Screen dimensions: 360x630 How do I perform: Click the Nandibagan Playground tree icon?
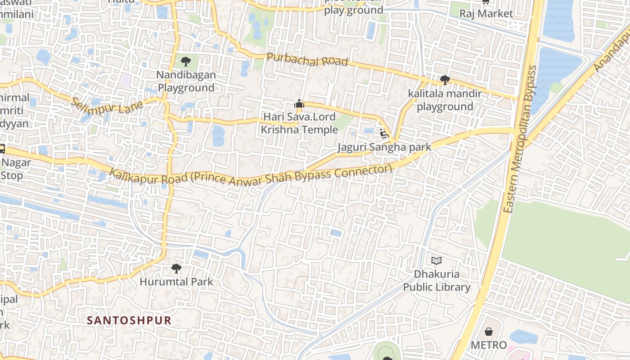click(185, 62)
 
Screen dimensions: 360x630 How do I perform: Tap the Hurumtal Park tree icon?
click(176, 269)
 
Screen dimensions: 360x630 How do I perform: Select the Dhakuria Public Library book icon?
click(436, 261)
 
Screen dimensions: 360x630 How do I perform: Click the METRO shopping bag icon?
click(488, 332)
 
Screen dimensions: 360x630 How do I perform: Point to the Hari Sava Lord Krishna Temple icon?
click(299, 104)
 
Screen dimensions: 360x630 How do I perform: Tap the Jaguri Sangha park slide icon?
click(384, 134)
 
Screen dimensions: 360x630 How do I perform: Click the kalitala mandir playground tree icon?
click(445, 80)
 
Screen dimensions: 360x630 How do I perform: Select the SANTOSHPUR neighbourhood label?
click(129, 320)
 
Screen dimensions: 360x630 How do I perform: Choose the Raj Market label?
click(486, 13)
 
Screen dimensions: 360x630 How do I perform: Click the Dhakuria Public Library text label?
click(436, 280)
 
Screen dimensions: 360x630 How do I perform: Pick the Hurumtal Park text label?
click(176, 282)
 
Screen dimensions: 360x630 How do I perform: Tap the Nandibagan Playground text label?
click(186, 81)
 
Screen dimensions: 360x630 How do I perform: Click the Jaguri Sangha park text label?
click(384, 147)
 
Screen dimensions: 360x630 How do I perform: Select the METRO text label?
click(488, 345)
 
